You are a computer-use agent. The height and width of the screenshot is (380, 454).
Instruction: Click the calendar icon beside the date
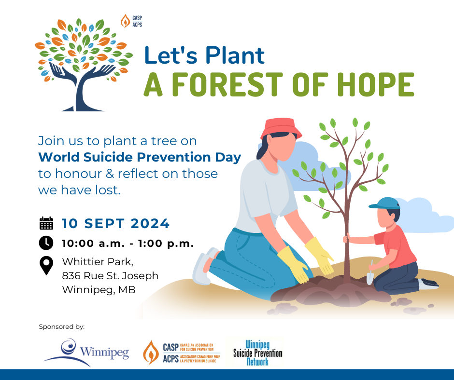[46, 223]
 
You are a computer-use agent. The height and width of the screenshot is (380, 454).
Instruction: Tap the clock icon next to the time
[46, 243]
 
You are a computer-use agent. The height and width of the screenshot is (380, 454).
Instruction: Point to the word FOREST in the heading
[227, 84]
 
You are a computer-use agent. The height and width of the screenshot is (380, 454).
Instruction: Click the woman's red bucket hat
[281, 128]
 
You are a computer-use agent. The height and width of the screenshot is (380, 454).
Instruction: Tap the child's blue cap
[384, 203]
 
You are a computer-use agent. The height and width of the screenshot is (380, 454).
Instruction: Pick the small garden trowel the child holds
[370, 273]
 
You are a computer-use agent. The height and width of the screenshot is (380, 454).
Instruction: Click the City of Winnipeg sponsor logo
[86, 352]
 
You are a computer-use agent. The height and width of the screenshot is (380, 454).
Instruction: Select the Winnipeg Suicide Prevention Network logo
[258, 353]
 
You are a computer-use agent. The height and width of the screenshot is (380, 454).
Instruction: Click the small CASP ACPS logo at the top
[131, 21]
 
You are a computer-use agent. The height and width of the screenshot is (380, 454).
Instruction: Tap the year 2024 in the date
[150, 224]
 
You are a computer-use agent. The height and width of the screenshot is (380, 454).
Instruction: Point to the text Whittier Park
[98, 262]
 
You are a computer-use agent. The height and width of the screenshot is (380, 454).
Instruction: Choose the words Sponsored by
[62, 327]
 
